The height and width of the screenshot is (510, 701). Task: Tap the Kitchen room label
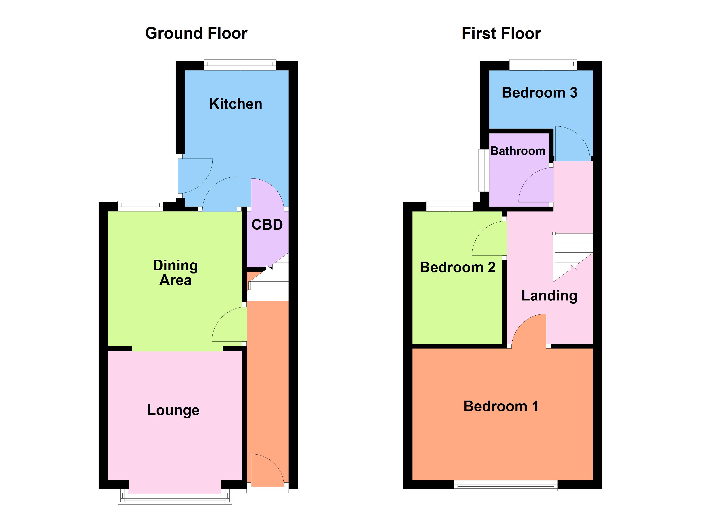(236, 104)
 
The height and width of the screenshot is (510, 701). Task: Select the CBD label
(267, 225)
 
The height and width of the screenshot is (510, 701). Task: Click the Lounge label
(173, 410)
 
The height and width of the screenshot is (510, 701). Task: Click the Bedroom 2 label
(457, 267)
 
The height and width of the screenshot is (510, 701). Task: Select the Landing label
(549, 296)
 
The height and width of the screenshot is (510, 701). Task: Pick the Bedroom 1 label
(501, 406)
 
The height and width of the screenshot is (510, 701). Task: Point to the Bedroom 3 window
(543, 64)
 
